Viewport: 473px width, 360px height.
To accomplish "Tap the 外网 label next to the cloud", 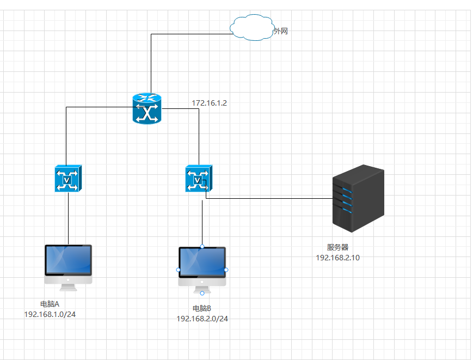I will pyautogui.click(x=280, y=32).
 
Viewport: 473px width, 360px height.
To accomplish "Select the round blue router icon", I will pyautogui.click(x=147, y=108).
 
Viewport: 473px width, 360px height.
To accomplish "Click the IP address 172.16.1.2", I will pyautogui.click(x=209, y=102).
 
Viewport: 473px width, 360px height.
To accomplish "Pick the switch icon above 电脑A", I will pyautogui.click(x=68, y=178).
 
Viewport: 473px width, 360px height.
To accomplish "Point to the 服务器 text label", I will pyautogui.click(x=337, y=248).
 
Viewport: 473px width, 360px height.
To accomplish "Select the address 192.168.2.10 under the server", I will pyautogui.click(x=337, y=258).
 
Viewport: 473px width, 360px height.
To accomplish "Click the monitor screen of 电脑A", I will pyautogui.click(x=68, y=260).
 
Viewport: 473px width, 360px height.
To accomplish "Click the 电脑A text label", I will pyautogui.click(x=50, y=304).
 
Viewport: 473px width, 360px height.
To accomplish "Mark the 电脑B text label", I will pyautogui.click(x=202, y=308).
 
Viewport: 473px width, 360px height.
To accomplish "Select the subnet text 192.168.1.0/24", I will pyautogui.click(x=50, y=314).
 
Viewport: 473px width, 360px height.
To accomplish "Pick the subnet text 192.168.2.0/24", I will pyautogui.click(x=202, y=318).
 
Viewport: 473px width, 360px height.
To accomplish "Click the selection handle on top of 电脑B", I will pyautogui.click(x=202, y=247).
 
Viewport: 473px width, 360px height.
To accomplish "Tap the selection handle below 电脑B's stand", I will pyautogui.click(x=202, y=293).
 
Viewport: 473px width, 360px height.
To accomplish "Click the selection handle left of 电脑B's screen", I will pyautogui.click(x=179, y=270).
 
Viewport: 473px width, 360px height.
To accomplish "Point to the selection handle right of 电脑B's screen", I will pyautogui.click(x=226, y=270).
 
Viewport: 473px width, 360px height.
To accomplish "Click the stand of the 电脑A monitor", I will pyautogui.click(x=68, y=282).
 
